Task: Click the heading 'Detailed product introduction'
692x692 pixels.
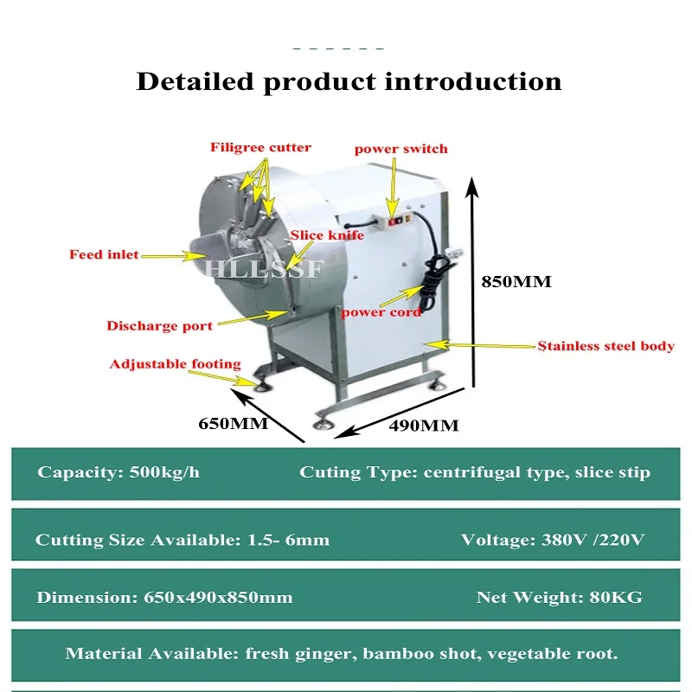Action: click(349, 82)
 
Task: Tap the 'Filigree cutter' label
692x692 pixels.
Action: click(260, 147)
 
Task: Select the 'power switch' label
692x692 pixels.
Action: click(400, 149)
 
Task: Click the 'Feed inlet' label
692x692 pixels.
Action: click(104, 254)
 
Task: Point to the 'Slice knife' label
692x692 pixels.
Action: click(320, 235)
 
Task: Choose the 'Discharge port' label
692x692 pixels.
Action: click(159, 326)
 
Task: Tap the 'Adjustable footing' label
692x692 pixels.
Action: click(175, 364)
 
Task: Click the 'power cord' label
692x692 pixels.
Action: click(381, 311)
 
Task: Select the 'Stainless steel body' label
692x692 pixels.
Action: click(605, 346)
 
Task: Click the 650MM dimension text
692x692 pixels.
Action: click(233, 424)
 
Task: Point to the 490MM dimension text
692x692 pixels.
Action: click(424, 426)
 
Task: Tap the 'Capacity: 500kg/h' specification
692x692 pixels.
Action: click(119, 472)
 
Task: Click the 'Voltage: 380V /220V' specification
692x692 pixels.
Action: click(553, 540)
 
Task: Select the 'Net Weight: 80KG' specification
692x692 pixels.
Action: click(560, 597)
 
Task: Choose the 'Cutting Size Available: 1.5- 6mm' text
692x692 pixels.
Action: click(183, 540)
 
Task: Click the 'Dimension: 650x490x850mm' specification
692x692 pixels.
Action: click(164, 597)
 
